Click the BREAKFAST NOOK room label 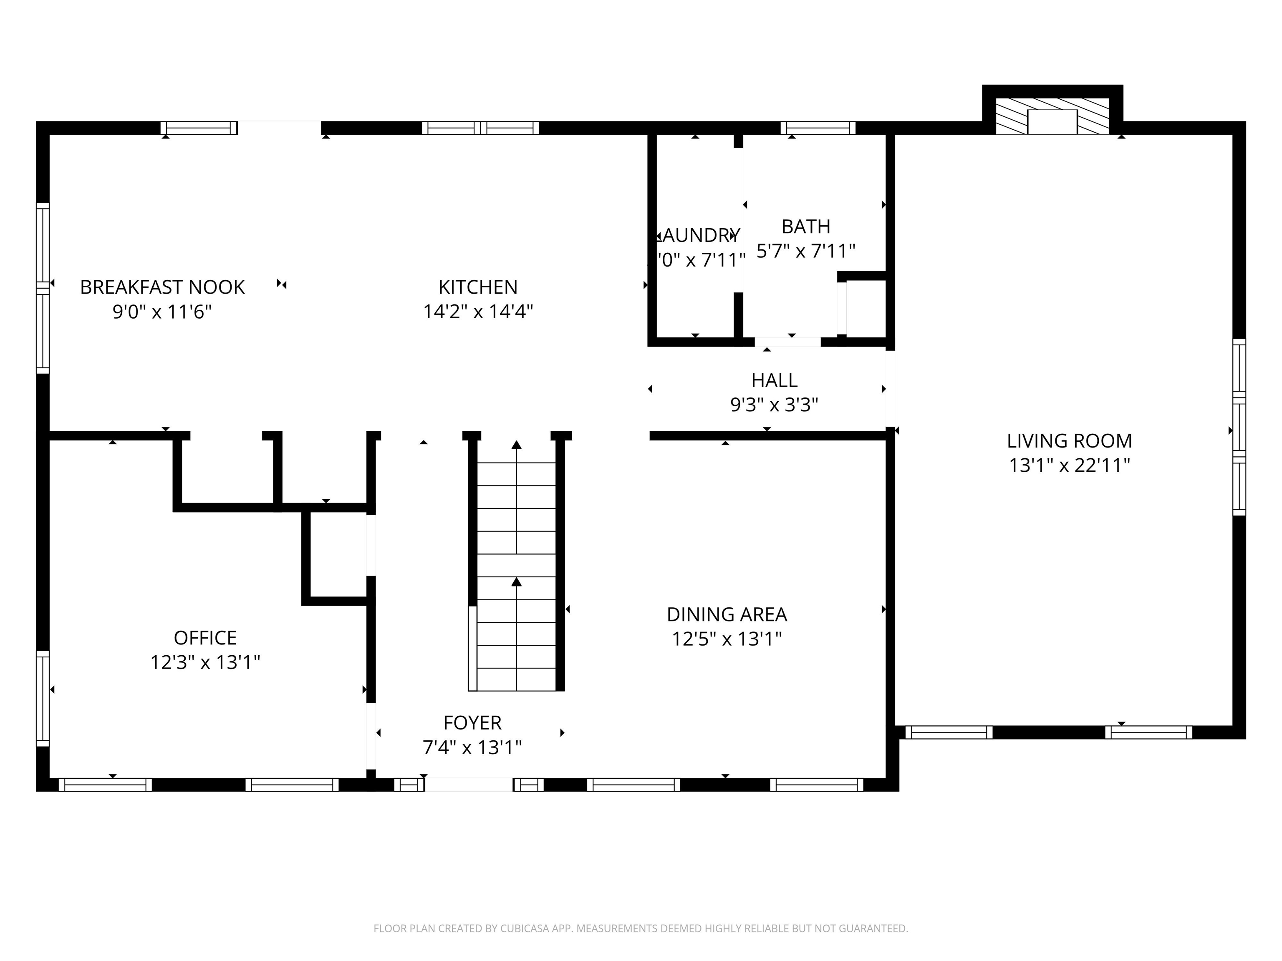click(162, 287)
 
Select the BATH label click(805, 226)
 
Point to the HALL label click(774, 380)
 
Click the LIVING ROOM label click(1069, 441)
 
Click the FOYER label click(472, 723)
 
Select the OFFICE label click(205, 638)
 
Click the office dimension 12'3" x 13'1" click(205, 662)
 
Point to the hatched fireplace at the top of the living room click(1052, 116)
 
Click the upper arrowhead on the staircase click(516, 445)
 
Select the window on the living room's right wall click(1239, 427)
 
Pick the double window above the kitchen click(480, 128)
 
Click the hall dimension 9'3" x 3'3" click(774, 405)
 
